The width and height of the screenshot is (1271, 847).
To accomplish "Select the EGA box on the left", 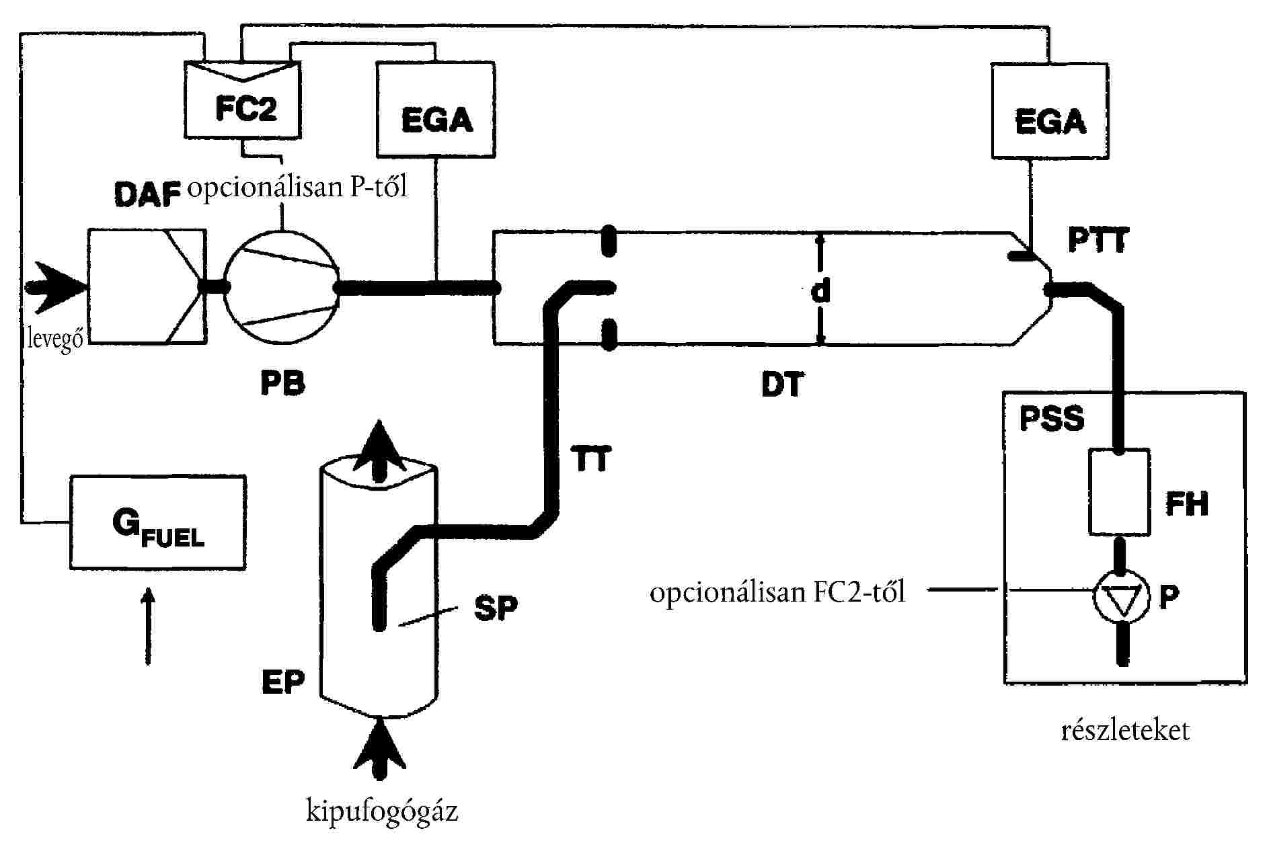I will point(436,110).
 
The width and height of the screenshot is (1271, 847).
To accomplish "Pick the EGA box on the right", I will point(1049,112).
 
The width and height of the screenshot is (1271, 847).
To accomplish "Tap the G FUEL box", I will point(158,523).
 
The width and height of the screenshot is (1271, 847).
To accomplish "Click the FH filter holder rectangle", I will point(1118,492).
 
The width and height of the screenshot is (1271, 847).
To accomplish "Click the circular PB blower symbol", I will point(281,287).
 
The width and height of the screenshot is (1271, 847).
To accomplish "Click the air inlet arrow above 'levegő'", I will point(56,287).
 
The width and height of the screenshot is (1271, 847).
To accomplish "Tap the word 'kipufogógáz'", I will point(382,811).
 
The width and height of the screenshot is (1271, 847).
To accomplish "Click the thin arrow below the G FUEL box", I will point(148,625).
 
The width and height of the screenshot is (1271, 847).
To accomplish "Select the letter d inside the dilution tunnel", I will point(820,290).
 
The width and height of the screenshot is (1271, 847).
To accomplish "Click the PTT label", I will point(1098,241).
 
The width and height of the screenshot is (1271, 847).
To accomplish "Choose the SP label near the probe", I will point(496,608).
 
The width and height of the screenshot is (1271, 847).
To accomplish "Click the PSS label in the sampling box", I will point(1051,418).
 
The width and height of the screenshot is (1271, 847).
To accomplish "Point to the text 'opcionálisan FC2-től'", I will point(777,593).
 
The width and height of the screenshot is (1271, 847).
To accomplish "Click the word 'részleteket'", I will point(1125,731).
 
